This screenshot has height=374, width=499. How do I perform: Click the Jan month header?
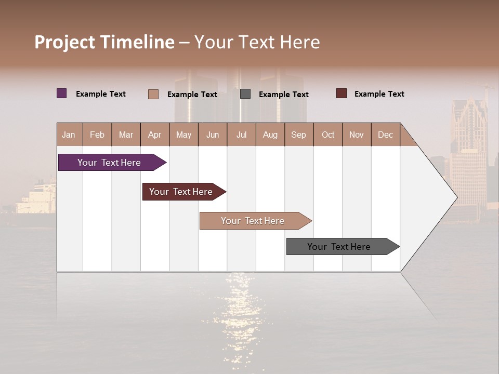[69, 135]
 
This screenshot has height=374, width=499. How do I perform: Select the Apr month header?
[155, 135]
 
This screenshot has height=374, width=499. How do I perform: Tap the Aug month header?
[270, 135]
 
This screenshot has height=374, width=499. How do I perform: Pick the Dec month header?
[385, 135]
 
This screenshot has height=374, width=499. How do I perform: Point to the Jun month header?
[213, 135]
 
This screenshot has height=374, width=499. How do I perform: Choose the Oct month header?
[328, 135]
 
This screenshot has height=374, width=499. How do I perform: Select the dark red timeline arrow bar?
[182, 192]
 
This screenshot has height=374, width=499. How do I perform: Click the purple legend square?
[62, 94]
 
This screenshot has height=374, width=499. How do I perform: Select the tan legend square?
[153, 94]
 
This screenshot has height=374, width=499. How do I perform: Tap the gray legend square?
[245, 94]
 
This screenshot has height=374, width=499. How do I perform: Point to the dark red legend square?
[342, 94]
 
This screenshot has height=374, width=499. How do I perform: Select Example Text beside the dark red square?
[379, 94]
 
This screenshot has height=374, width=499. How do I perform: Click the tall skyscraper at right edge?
[468, 151]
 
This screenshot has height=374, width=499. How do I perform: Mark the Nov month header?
[357, 135]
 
